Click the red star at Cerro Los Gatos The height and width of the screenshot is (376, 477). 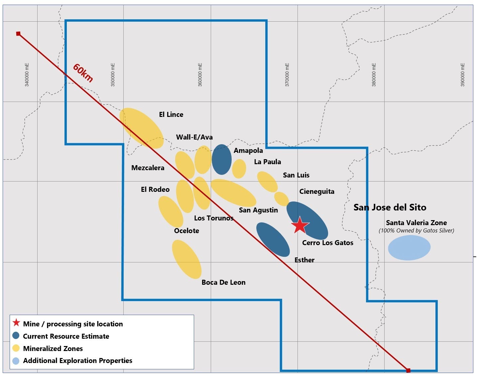[300, 225]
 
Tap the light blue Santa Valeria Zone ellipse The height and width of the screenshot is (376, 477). [409, 247]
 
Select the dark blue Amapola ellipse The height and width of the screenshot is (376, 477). [222, 159]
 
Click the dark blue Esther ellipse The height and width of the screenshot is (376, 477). [273, 239]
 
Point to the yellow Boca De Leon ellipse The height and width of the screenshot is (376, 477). [186, 259]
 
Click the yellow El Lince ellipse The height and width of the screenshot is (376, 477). [144, 128]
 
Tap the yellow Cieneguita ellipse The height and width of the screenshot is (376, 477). [282, 199]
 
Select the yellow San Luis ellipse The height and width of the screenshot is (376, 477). [267, 182]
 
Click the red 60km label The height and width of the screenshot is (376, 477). [83, 73]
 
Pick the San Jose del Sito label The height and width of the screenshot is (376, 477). [390, 207]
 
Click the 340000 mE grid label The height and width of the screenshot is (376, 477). [27, 75]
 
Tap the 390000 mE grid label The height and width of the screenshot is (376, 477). [462, 75]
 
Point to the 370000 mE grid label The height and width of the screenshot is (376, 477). [287, 75]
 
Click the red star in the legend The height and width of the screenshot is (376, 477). [16, 323]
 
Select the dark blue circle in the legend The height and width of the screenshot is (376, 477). [16, 336]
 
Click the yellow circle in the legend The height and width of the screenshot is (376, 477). [16, 348]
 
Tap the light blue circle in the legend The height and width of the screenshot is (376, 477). [16, 361]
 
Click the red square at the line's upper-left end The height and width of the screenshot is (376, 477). [18, 34]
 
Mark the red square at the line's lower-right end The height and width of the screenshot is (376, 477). [408, 370]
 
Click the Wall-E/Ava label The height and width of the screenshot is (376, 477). [194, 137]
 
